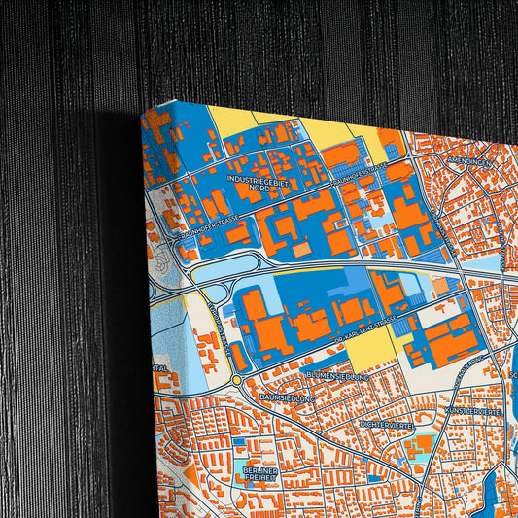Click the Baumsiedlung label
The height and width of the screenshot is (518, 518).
[x=287, y=397]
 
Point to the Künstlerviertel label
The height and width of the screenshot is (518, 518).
[x=473, y=412]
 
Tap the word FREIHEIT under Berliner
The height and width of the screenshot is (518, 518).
[x=259, y=478]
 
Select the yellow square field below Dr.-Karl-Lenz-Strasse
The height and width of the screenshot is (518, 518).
[x=369, y=347]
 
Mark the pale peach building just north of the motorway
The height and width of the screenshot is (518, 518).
[x=302, y=250]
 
